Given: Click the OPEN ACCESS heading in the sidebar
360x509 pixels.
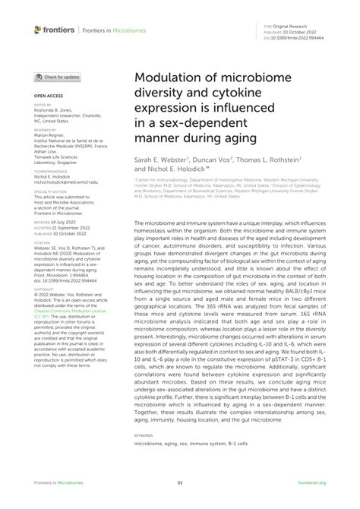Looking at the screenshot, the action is [x=47, y=97].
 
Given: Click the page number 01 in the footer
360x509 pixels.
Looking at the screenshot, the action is [x=180, y=482].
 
